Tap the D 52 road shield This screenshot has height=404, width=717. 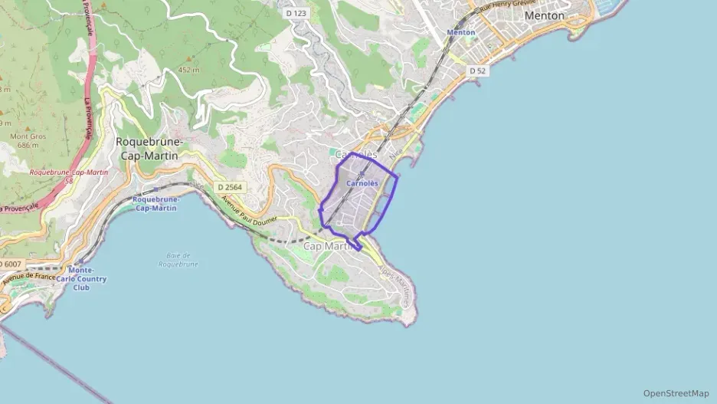tap(477, 71)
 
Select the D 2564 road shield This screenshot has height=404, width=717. tap(229, 187)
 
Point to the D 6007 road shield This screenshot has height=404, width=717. tap(11, 264)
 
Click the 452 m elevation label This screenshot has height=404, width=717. tap(189, 70)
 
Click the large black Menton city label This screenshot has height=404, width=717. tap(545, 15)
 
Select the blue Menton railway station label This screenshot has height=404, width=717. tap(461, 33)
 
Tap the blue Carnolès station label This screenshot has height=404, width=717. tap(362, 184)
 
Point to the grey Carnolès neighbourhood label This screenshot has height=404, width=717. tap(356, 155)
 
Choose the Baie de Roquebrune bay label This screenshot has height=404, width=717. tap(178, 259)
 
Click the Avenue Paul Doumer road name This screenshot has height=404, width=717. tap(251, 212)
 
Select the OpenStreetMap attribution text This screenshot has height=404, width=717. tap(676, 393)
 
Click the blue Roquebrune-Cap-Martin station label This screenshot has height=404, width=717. tap(156, 204)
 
